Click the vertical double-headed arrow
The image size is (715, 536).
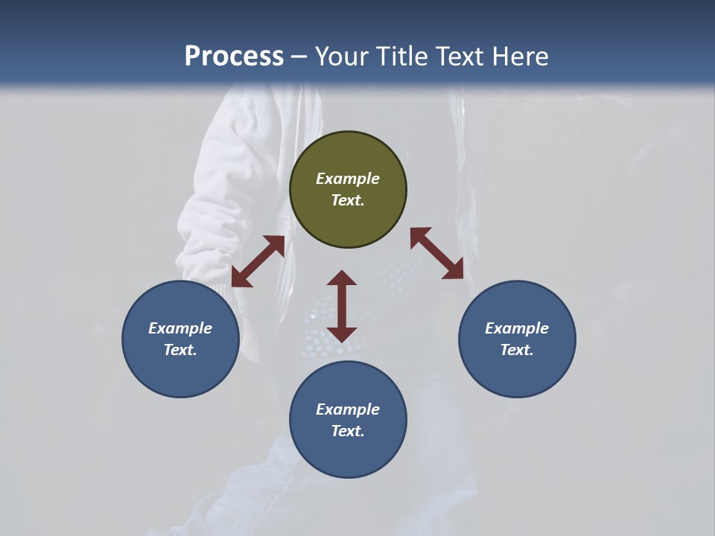pyautogui.click(x=342, y=306)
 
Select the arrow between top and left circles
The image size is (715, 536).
pyautogui.click(x=258, y=261)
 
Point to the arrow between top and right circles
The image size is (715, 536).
pyautogui.click(x=436, y=253)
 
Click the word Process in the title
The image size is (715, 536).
pyautogui.click(x=234, y=56)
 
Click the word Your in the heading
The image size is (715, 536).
pyautogui.click(x=341, y=56)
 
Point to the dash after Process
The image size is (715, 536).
pyautogui.click(x=299, y=57)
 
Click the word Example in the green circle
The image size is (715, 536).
pyautogui.click(x=348, y=179)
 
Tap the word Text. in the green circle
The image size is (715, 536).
pyautogui.click(x=348, y=200)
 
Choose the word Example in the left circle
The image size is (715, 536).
pyautogui.click(x=180, y=328)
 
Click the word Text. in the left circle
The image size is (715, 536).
pyautogui.click(x=180, y=350)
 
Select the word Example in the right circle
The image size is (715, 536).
pyautogui.click(x=517, y=328)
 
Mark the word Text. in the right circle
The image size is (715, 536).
pyautogui.click(x=517, y=350)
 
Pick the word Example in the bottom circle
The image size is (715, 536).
pyautogui.click(x=348, y=409)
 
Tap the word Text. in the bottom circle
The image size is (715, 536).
pyautogui.click(x=348, y=431)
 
